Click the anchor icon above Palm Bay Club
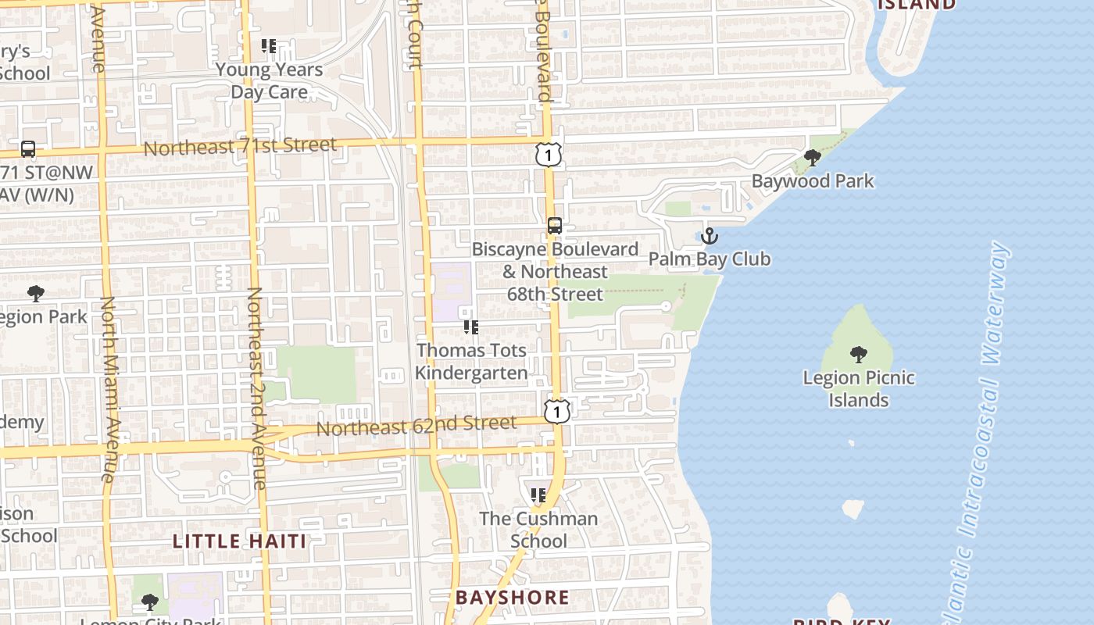710,235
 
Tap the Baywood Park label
813,181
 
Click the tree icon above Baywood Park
813,158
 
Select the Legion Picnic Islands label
859,389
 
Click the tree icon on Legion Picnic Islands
859,355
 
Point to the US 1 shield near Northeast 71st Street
549,154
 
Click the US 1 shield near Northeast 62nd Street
556,411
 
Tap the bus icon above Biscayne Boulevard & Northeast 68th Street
554,226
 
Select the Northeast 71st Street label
240,146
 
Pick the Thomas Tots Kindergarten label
471,362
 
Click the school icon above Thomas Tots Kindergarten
470,327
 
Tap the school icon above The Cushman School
538,495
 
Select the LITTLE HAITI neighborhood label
239,541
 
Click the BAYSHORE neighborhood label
513,598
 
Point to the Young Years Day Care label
269,80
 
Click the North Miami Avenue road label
109,388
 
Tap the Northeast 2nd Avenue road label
256,388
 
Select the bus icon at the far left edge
28,148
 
